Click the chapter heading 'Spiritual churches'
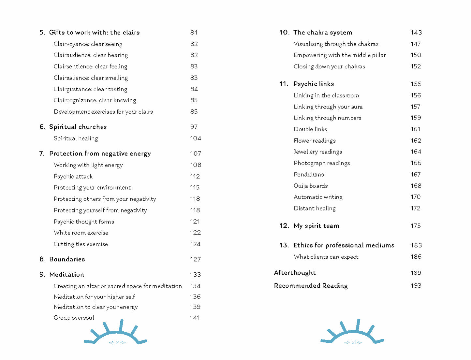coord(78,127)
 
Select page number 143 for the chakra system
coord(416,33)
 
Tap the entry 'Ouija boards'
coord(311,186)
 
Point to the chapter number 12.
coord(284,226)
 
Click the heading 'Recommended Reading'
coord(311,286)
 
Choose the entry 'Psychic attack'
coord(73,176)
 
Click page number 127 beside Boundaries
coord(195,259)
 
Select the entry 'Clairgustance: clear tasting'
coord(90,89)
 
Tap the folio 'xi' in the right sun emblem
coord(354,342)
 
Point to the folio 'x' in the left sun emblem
coord(117,342)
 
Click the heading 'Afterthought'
coord(295,273)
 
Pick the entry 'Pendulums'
coord(309,174)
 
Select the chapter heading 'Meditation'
coord(66,275)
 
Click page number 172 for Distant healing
coord(415,208)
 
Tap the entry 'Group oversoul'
coord(74,318)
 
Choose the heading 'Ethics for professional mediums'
coord(344,245)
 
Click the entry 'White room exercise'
coord(81,233)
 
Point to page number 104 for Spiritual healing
coord(196,138)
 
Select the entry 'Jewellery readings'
coord(318,152)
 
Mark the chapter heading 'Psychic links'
coord(314,84)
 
